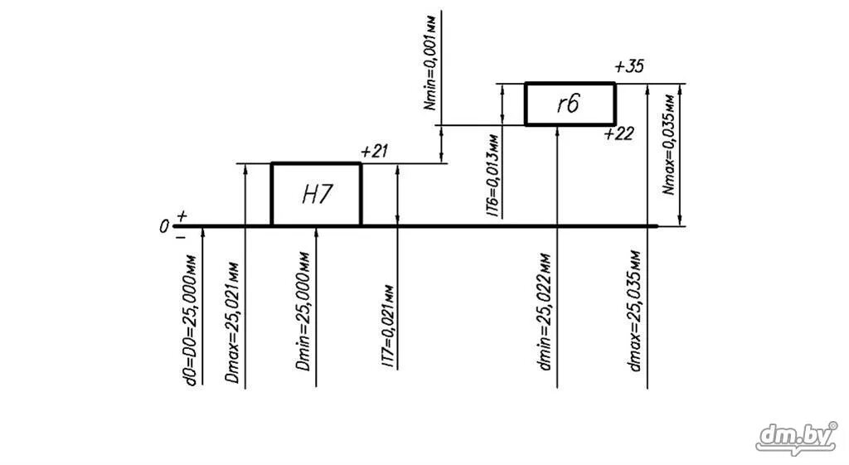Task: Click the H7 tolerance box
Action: (316, 194)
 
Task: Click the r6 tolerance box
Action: (570, 104)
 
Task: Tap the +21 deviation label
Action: (375, 151)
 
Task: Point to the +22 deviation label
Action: (619, 134)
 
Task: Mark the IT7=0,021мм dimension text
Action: (387, 326)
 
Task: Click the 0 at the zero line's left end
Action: (165, 225)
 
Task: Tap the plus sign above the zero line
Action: (182, 216)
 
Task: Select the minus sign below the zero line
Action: (181, 237)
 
